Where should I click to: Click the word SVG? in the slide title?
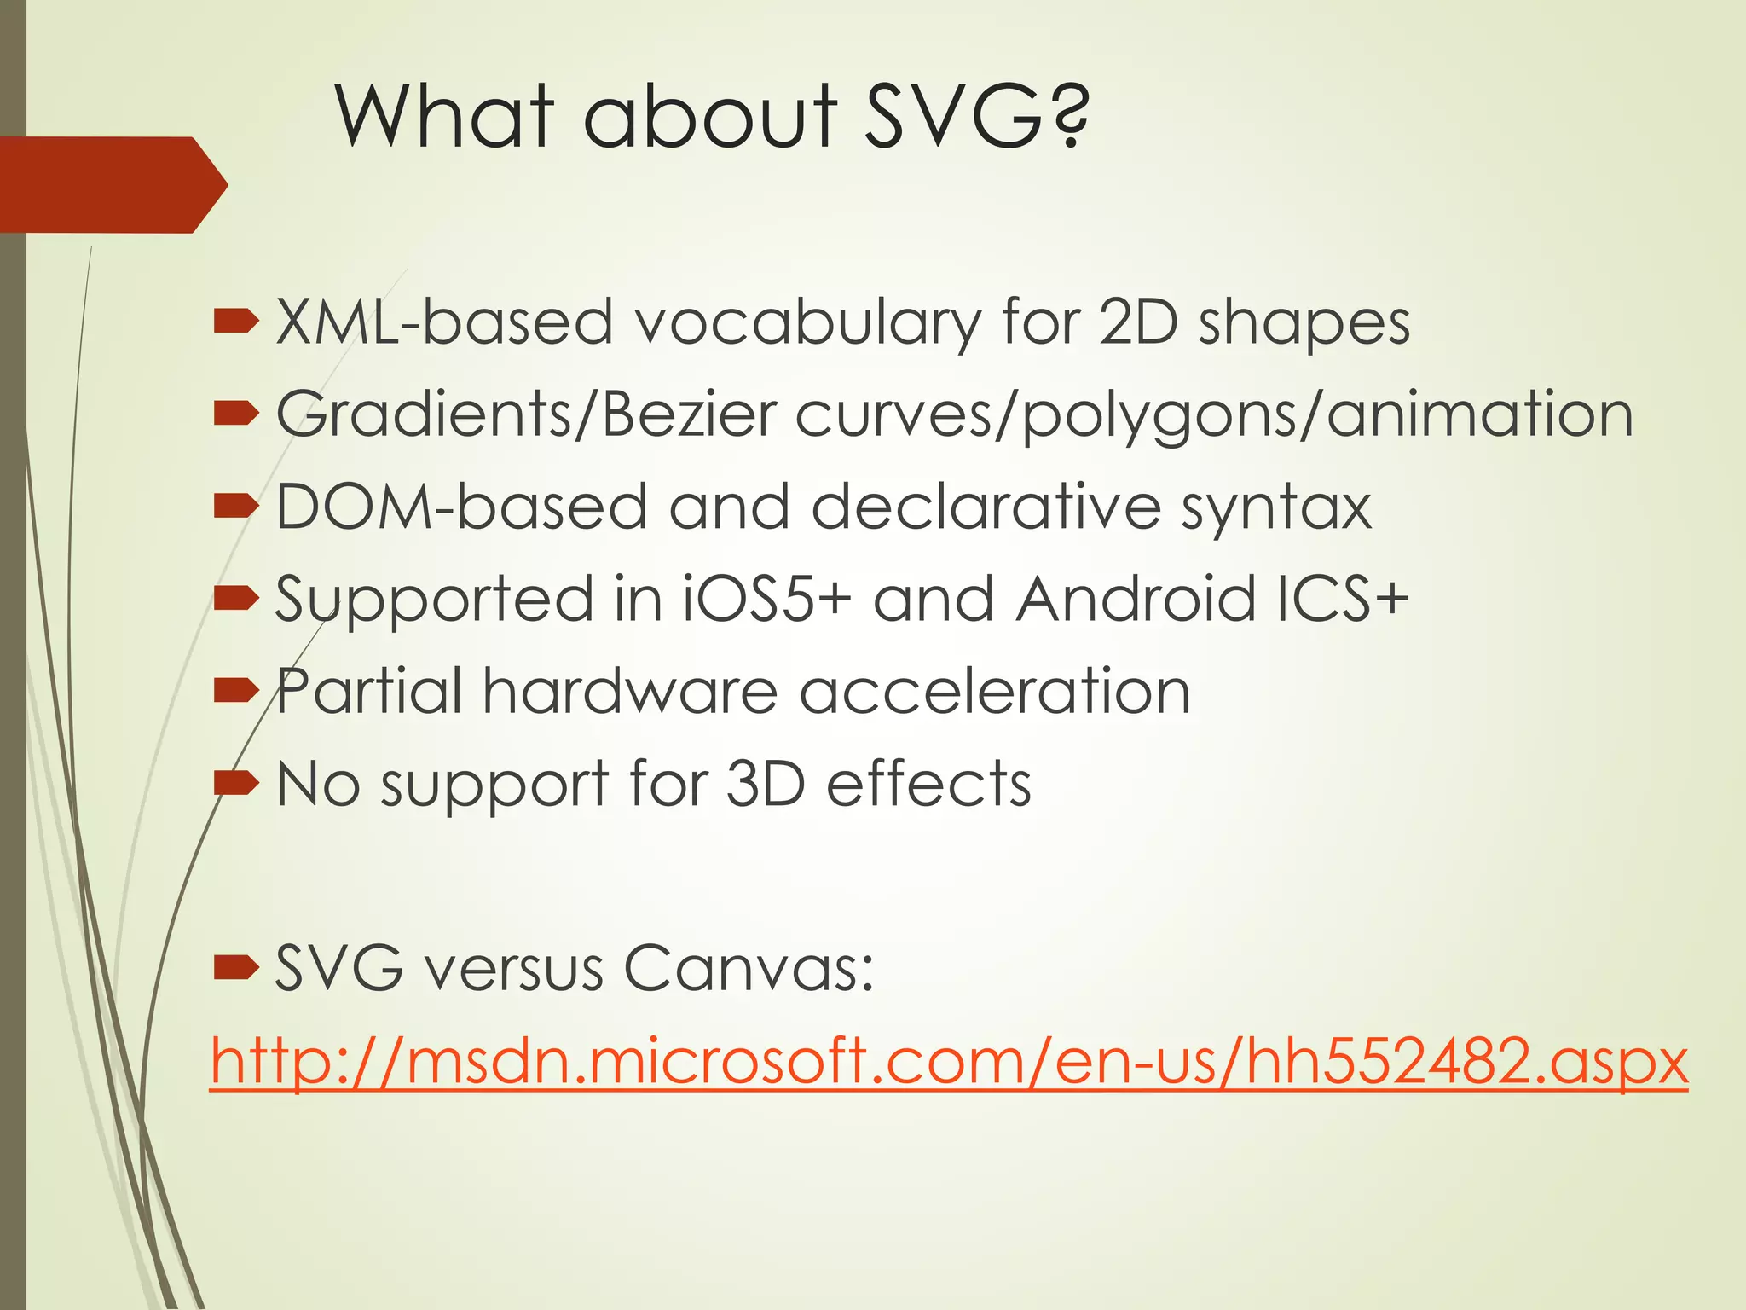tap(976, 116)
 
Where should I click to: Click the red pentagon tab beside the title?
tap(111, 184)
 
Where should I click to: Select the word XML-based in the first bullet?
tap(444, 323)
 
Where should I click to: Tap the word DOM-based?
tap(461, 507)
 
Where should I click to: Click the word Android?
tap(1136, 599)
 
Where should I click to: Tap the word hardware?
tap(630, 691)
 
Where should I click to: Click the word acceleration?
tap(995, 691)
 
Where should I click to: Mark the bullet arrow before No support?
tap(235, 782)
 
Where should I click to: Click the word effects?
tap(928, 783)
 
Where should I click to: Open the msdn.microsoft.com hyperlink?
tap(949, 1062)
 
